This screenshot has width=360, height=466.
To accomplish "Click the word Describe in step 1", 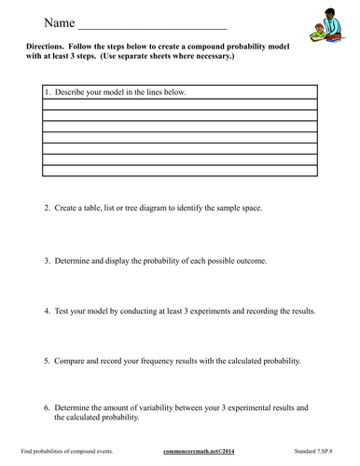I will point(71,94).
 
